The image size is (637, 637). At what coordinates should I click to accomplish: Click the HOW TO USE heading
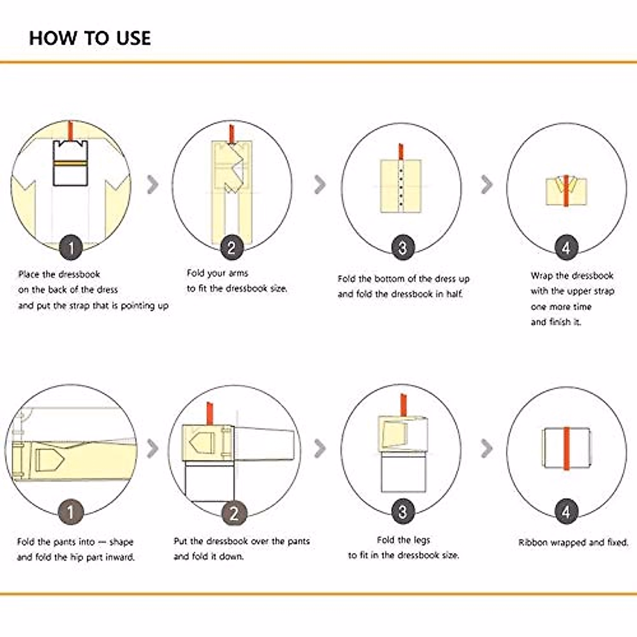pyautogui.click(x=90, y=38)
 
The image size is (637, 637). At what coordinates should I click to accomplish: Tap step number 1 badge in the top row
pyautogui.click(x=71, y=247)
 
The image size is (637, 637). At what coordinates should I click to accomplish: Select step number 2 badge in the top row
pyautogui.click(x=232, y=247)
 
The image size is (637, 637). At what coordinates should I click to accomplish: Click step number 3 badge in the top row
pyautogui.click(x=403, y=247)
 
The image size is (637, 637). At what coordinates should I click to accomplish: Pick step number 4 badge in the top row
pyautogui.click(x=566, y=247)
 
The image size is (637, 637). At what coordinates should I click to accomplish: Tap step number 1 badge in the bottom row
pyautogui.click(x=71, y=512)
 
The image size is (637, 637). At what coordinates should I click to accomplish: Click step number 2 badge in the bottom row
pyautogui.click(x=234, y=513)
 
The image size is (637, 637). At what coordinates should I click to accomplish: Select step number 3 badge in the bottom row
pyautogui.click(x=403, y=512)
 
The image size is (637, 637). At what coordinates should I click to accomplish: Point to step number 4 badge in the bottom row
pyautogui.click(x=566, y=512)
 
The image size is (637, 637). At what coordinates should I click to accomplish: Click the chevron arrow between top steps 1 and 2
pyautogui.click(x=153, y=184)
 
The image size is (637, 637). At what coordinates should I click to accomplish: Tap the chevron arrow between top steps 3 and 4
pyautogui.click(x=487, y=184)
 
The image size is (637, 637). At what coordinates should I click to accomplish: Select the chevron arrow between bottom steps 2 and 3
pyautogui.click(x=320, y=449)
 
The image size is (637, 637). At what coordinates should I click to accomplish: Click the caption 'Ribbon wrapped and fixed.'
pyautogui.click(x=573, y=543)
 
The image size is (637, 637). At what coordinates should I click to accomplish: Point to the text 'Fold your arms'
pyautogui.click(x=218, y=273)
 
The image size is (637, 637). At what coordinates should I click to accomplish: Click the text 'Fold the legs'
pyautogui.click(x=403, y=540)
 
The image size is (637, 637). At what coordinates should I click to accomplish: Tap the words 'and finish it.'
pyautogui.click(x=556, y=322)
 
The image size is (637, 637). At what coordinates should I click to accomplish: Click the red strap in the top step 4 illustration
pyautogui.click(x=566, y=191)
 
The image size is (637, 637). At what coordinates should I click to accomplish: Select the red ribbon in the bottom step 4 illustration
pyautogui.click(x=566, y=449)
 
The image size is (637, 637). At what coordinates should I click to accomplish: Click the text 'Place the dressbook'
pyautogui.click(x=59, y=274)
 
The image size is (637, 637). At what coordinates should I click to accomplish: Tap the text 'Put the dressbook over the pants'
pyautogui.click(x=242, y=541)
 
